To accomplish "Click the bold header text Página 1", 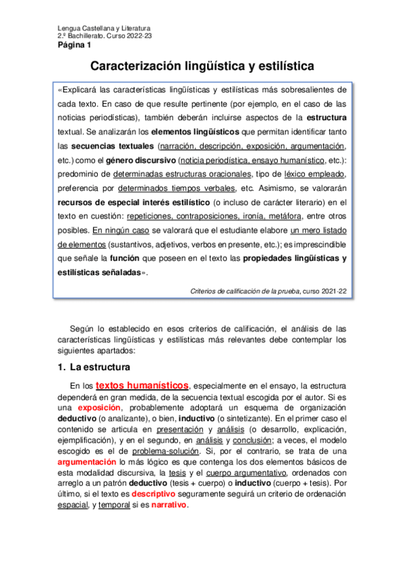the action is tap(74, 45).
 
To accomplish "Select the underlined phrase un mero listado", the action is tap(318, 230).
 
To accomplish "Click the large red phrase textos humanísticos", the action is tap(142, 385).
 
